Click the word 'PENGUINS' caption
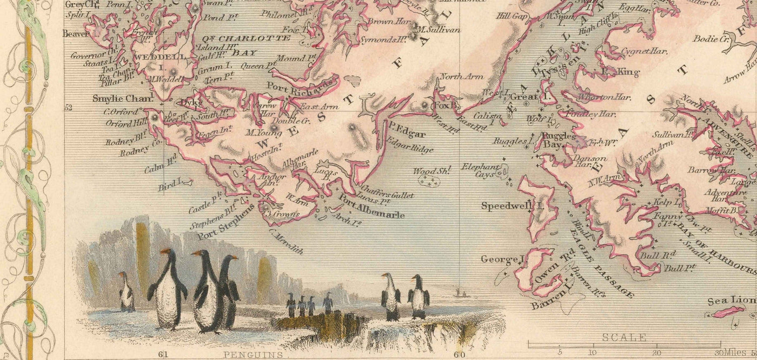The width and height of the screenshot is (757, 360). pyautogui.click(x=252, y=355)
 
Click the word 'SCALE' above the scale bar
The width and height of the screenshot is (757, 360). pyautogui.click(x=625, y=337)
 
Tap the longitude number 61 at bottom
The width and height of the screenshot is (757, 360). pyautogui.click(x=164, y=355)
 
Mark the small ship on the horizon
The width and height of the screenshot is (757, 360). pyautogui.click(x=458, y=292)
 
